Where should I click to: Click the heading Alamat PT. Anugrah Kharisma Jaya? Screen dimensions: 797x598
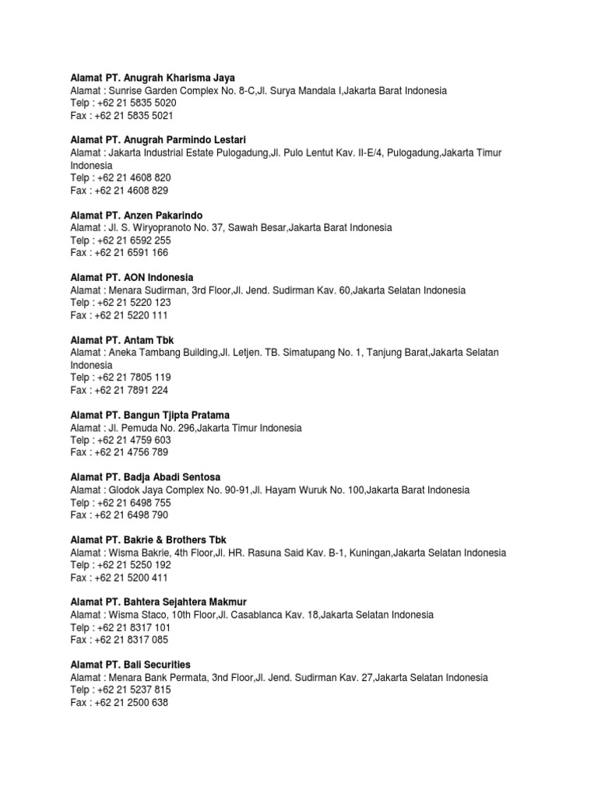[x=152, y=78]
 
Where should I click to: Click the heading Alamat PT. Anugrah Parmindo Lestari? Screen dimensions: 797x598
[x=158, y=140]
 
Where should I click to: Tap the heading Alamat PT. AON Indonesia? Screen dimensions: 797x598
[x=132, y=277]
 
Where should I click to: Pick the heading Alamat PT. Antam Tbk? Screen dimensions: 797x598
[x=122, y=340]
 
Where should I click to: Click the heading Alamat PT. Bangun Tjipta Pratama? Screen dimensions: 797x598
[x=150, y=415]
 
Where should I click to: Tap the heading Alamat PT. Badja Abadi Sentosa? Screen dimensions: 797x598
[x=149, y=477]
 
